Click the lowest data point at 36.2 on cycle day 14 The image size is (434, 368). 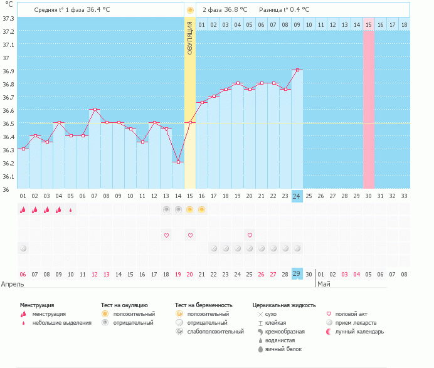coord(178,162)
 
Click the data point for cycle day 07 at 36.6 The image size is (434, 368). coord(95,110)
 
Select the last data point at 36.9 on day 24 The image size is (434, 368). coord(297,70)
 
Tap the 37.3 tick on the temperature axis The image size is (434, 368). coord(9,18)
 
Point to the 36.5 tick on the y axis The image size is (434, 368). coord(9,124)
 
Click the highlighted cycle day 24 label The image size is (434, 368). coord(297,196)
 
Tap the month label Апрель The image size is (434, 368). coord(13,284)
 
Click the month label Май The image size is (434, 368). coord(324,284)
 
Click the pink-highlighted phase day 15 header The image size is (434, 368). coord(369,24)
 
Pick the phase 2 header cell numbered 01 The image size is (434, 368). coord(202,24)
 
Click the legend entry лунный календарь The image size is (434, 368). coord(359,331)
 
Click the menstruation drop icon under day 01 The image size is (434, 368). coord(23,210)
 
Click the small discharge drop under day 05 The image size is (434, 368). coord(71,210)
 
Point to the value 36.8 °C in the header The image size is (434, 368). coord(235,10)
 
